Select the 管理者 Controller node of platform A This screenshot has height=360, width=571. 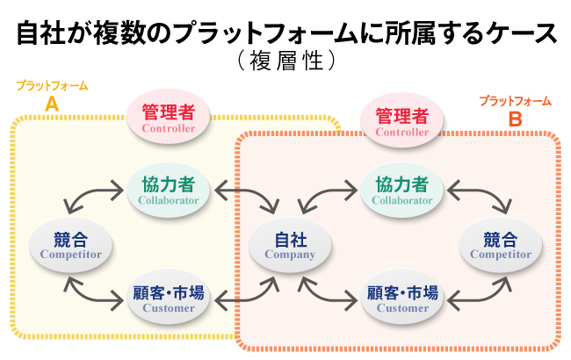pos(169,119)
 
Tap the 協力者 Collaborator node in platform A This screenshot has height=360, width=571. pos(169,190)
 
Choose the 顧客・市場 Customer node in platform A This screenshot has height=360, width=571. pos(169,298)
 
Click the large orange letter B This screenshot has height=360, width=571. pos(515,117)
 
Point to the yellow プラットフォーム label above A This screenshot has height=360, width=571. pos(52,86)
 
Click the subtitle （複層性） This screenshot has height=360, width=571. pos(286,62)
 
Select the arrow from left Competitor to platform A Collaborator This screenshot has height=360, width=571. pos(91,198)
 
